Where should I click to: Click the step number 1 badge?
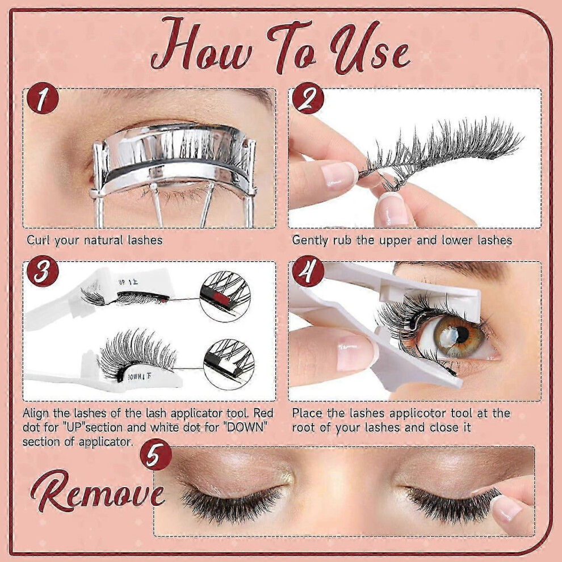coord(43,98)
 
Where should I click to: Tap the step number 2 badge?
coord(308,98)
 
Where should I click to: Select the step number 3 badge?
coord(43,271)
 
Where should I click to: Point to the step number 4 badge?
coord(308,271)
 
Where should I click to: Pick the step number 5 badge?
coord(156,455)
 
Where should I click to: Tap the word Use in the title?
coord(369,48)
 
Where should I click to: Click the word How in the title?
coord(202,45)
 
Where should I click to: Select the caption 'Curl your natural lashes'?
coord(95,240)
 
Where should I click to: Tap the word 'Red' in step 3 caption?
coord(263,413)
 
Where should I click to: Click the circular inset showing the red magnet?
coord(225,296)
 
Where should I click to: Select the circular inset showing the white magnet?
coord(229,364)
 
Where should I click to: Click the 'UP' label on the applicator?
coord(122,282)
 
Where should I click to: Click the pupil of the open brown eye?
coord(462,334)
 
